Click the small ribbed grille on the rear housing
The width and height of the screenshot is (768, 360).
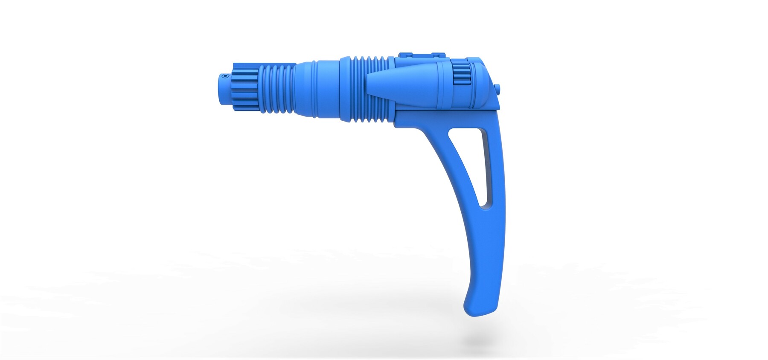click(460, 73)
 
